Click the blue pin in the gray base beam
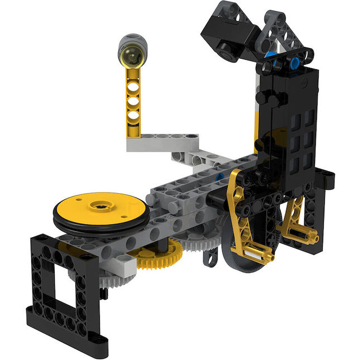tap(220, 177)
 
